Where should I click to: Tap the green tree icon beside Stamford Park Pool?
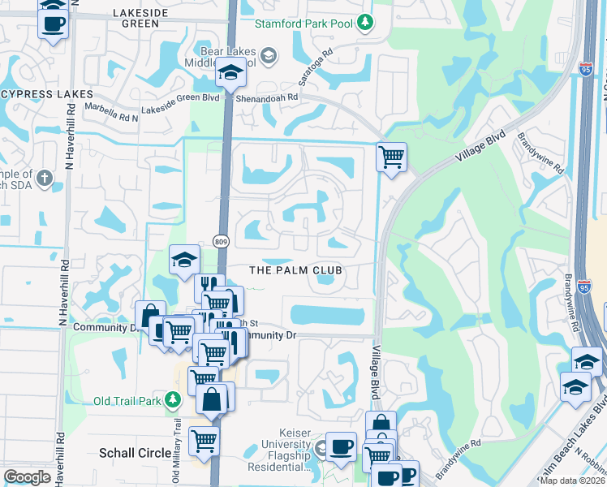pyautogui.click(x=367, y=23)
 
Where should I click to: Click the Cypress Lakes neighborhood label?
pyautogui.click(x=47, y=94)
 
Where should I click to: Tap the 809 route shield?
pyautogui.click(x=221, y=241)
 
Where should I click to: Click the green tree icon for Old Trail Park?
pyautogui.click(x=172, y=400)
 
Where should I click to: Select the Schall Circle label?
pyautogui.click(x=132, y=452)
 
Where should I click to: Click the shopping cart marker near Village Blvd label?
pyautogui.click(x=391, y=156)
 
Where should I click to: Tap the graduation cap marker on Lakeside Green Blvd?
pyautogui.click(x=230, y=74)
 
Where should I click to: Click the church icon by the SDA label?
pyautogui.click(x=45, y=177)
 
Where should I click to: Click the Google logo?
pyautogui.click(x=28, y=477)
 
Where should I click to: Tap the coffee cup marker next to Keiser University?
pyautogui.click(x=342, y=446)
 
